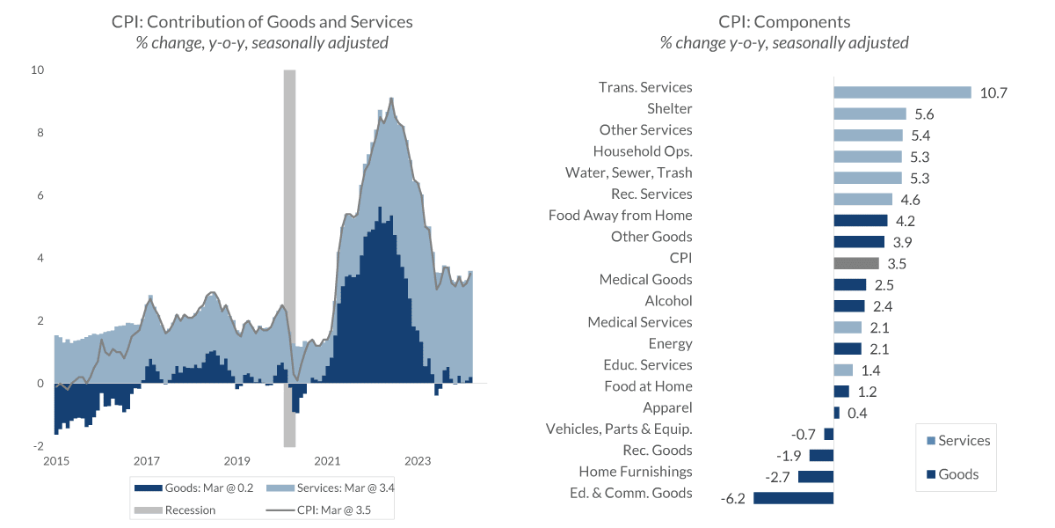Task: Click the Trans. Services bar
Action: click(901, 92)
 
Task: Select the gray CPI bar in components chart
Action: click(855, 263)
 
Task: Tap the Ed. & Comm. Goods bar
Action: click(793, 498)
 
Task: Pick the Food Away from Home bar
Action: click(860, 220)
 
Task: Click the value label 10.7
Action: click(993, 92)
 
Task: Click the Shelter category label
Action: click(669, 109)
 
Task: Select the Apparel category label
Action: click(667, 407)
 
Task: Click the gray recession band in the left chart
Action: click(289, 255)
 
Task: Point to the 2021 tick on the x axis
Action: click(327, 460)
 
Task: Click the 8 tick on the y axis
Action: click(40, 133)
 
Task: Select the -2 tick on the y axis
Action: click(38, 446)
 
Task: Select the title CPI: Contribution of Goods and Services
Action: click(262, 22)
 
